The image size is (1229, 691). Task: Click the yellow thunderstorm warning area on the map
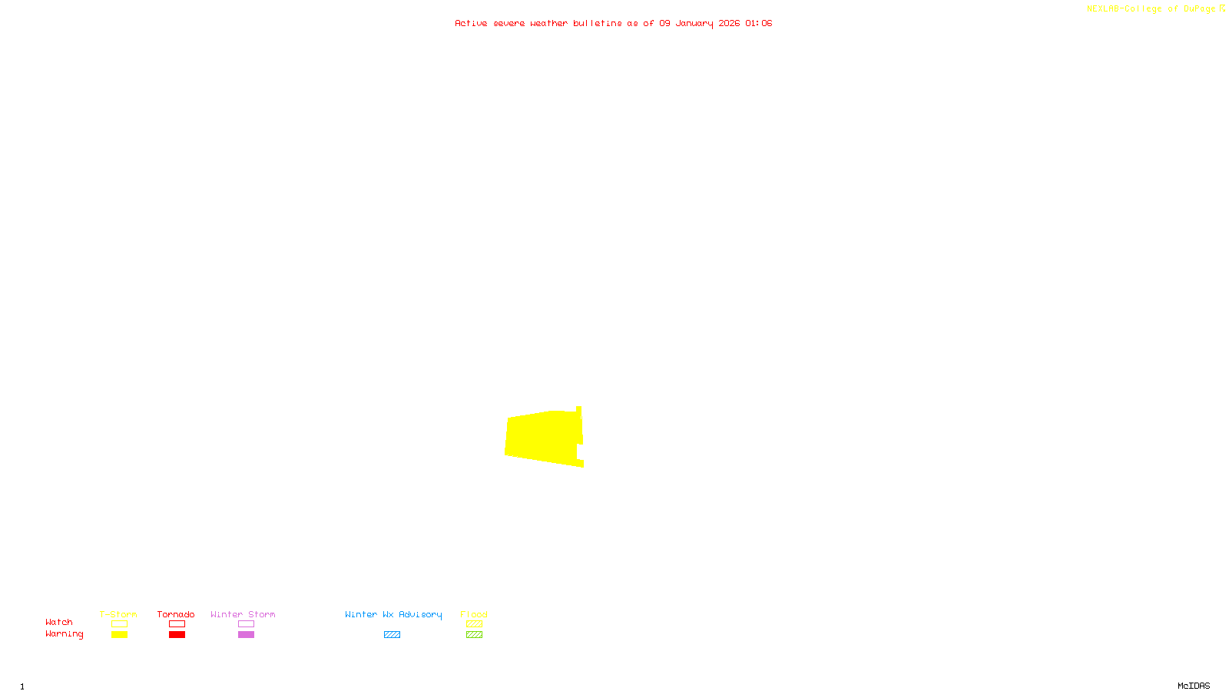pos(542,436)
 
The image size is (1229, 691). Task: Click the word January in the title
pos(694,24)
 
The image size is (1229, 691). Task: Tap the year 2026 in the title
pos(729,24)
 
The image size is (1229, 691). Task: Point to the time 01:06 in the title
pos(758,24)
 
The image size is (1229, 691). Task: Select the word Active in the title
pos(471,24)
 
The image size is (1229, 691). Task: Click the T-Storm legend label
pos(118,614)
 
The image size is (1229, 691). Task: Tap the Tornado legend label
pos(176,614)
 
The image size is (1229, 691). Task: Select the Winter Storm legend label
pos(243,614)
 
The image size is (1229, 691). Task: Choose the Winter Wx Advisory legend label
pos(393,614)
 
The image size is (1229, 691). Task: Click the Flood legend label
pos(474,614)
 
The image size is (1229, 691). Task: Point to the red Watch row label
pos(59,623)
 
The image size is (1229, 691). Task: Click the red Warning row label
pos(65,634)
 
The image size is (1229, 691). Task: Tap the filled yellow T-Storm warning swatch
pos(119,635)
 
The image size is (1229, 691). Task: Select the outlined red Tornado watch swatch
pos(177,624)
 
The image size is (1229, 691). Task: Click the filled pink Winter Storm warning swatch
pos(246,635)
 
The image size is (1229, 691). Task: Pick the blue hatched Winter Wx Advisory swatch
pos(392,635)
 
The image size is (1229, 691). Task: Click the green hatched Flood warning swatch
pos(474,635)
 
